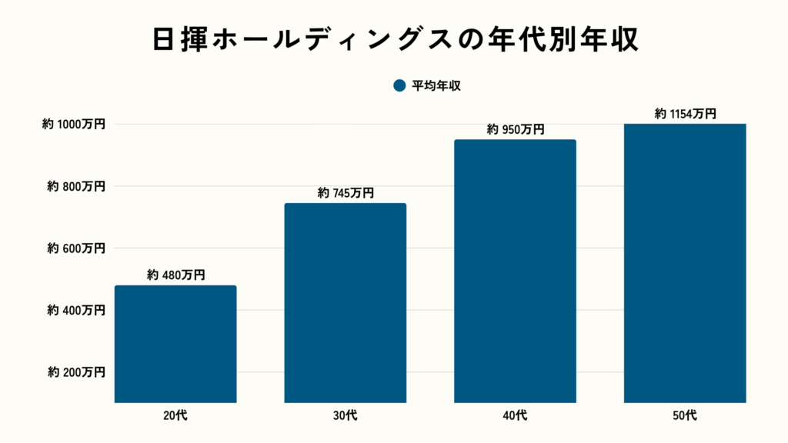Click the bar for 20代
point(175,344)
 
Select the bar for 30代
point(346,302)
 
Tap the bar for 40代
point(515,271)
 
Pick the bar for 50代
point(685,262)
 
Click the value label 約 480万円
point(175,275)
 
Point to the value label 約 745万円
point(346,193)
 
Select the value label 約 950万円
point(515,129)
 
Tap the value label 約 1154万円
point(685,114)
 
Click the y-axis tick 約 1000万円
point(73,124)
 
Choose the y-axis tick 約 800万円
point(75,186)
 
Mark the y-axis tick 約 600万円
point(75,248)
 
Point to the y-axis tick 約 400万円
point(75,311)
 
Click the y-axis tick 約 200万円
point(75,372)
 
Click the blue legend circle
point(399,86)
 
